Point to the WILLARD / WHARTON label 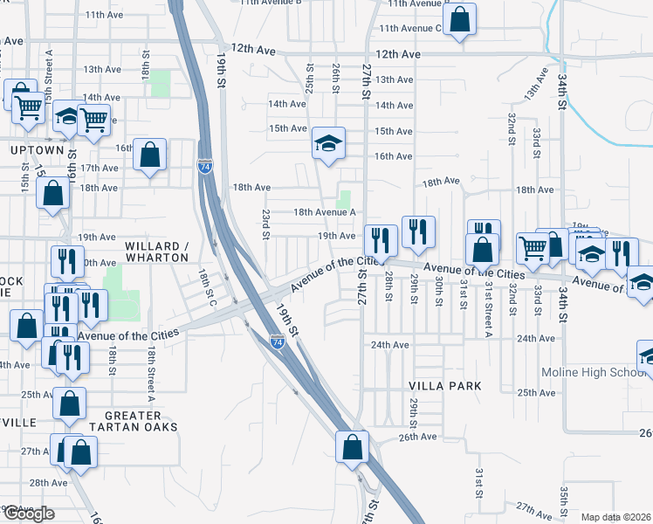pos(157,252)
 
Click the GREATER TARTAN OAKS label pos(141,420)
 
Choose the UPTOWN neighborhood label pos(37,150)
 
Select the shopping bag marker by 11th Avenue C pos(459,18)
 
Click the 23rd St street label pos(265,223)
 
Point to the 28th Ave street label pos(48,482)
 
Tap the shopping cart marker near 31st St pos(531,247)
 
